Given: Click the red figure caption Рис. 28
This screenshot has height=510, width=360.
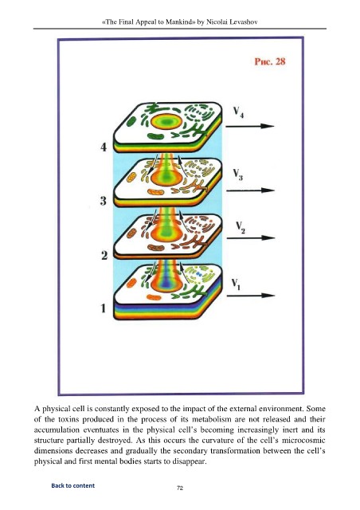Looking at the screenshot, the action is click(x=269, y=61).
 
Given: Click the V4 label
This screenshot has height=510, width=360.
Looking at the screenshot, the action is click(x=238, y=112).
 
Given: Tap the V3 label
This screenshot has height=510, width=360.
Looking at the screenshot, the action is click(x=237, y=175).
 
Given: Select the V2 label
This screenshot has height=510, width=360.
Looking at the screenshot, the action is click(x=241, y=227).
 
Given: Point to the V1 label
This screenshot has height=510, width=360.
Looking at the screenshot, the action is click(x=236, y=284).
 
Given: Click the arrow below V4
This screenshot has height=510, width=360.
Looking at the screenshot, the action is click(x=250, y=126).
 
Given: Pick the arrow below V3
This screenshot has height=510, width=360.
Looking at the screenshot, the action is click(x=250, y=190).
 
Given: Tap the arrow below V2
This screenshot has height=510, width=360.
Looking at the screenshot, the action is click(x=251, y=238).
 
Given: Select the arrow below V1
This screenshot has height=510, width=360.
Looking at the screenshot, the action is click(x=251, y=296).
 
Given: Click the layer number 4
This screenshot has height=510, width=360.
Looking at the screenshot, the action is click(x=104, y=147).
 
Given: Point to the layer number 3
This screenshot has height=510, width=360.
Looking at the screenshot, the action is click(x=103, y=201).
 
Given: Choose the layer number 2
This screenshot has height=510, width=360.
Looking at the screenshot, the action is click(x=104, y=256).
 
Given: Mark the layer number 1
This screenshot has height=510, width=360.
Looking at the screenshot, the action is click(x=104, y=308).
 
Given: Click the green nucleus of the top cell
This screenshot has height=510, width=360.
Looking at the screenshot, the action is click(x=166, y=122).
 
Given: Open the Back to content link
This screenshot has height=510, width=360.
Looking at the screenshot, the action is click(x=72, y=485).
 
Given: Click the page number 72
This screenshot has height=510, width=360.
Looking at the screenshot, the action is click(x=180, y=488).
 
